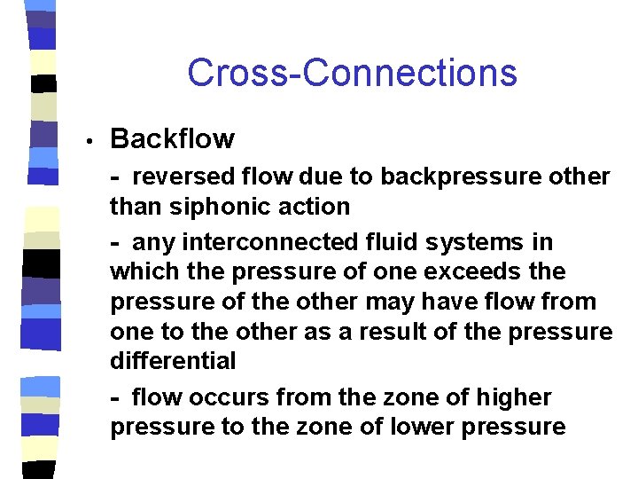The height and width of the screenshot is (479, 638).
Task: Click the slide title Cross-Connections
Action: (352, 73)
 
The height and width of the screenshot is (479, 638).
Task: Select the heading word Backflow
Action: (172, 139)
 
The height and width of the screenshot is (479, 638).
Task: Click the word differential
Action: (173, 361)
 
